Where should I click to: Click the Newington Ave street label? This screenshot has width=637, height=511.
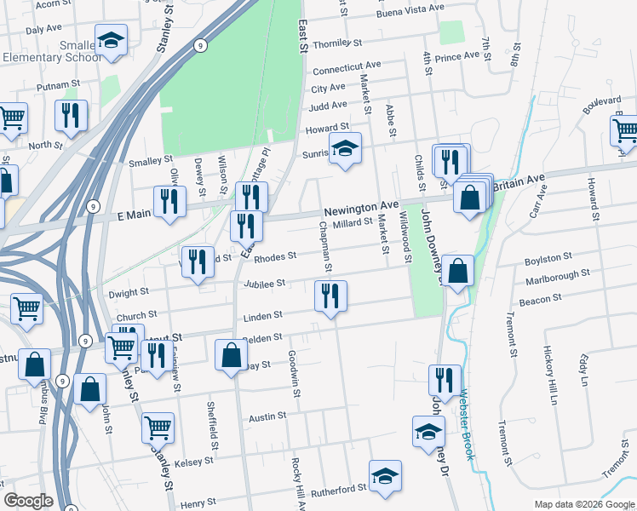click(360, 207)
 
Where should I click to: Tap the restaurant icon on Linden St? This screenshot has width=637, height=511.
click(330, 296)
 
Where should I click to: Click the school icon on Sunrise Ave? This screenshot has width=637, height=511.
click(345, 148)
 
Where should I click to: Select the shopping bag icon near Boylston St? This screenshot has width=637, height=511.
click(457, 271)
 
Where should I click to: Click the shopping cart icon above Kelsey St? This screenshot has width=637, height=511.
click(158, 427)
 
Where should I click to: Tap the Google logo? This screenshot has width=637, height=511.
click(28, 502)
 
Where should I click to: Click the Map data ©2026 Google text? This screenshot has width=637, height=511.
click(584, 504)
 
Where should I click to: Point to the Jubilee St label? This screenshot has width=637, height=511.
click(263, 284)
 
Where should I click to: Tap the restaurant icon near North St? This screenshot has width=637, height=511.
click(71, 114)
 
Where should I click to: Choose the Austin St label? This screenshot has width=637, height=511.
click(266, 418)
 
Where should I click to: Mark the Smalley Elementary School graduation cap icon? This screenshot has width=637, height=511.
click(110, 40)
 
